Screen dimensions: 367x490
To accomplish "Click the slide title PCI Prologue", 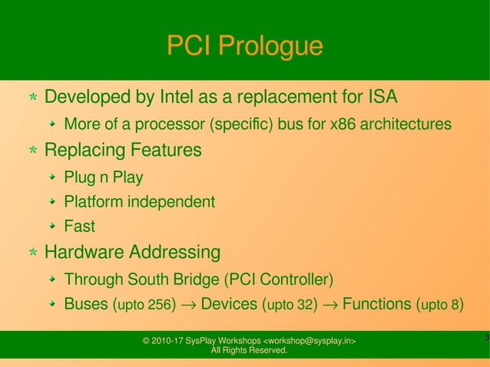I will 244,47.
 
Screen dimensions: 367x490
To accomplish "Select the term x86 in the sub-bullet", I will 343,124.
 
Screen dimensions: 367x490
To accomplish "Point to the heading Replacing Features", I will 123,150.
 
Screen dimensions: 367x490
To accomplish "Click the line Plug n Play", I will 103,178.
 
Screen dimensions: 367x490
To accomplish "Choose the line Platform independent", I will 139,203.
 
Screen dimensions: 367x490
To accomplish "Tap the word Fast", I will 79,227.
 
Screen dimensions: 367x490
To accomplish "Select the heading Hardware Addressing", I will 132,252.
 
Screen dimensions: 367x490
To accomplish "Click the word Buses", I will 86,304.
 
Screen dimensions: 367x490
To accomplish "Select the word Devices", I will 228,304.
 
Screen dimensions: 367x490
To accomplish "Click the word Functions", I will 376,304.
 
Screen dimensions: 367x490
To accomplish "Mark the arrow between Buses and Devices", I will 188,305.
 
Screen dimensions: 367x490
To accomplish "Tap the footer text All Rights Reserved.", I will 249,351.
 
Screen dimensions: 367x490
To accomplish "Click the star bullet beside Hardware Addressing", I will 33,253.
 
